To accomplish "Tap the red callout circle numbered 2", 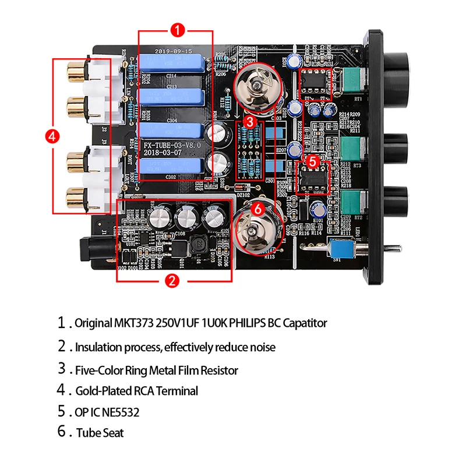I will coord(172,281).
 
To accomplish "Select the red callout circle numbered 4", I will coord(52,136).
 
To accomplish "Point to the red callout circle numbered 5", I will coord(313,160).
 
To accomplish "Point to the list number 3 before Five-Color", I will coord(62,368).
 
